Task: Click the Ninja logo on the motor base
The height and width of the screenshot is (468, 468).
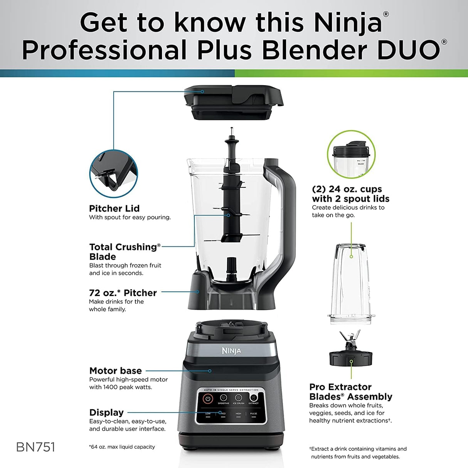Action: (231, 350)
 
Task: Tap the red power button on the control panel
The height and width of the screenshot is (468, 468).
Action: (208, 399)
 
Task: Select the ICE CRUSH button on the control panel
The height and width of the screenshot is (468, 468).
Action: (238, 398)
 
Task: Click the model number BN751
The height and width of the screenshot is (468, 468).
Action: (35, 447)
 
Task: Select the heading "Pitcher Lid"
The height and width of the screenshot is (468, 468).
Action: (114, 209)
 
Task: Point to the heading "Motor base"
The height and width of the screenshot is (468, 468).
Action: (115, 371)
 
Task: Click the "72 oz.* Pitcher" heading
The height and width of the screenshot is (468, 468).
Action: (123, 293)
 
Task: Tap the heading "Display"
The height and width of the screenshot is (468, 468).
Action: (106, 412)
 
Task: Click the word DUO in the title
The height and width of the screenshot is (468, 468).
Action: (408, 51)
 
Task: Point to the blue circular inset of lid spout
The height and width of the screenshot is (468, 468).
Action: (113, 174)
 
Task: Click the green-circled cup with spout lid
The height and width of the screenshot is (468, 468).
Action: (351, 154)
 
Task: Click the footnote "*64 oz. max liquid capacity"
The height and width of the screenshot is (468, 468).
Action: (122, 447)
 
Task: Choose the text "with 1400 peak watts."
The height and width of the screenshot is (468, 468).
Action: (121, 387)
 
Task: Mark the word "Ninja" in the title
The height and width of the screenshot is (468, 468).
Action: (347, 23)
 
